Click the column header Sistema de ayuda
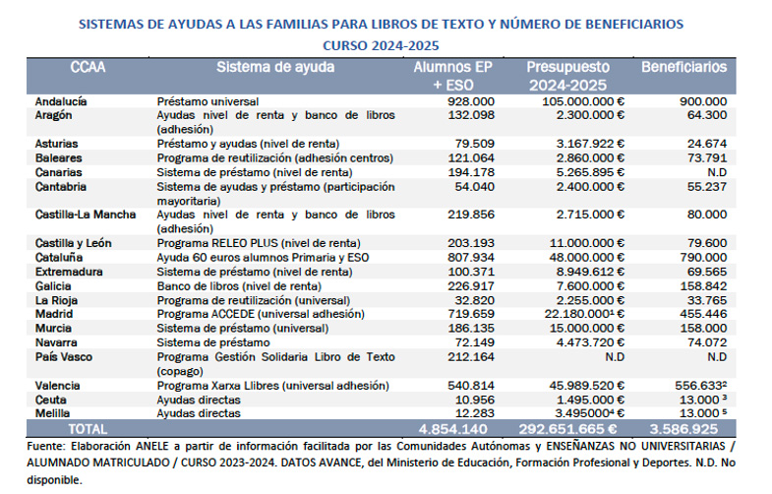pyautogui.click(x=275, y=68)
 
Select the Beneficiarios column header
pyautogui.click(x=683, y=68)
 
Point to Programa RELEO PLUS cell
pyautogui.click(x=259, y=243)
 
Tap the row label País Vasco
pyautogui.click(x=65, y=356)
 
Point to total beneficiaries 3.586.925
pyautogui.click(x=684, y=430)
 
